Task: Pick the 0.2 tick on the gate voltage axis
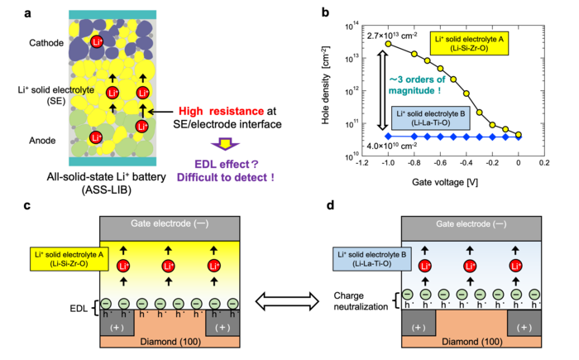point(544,163)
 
